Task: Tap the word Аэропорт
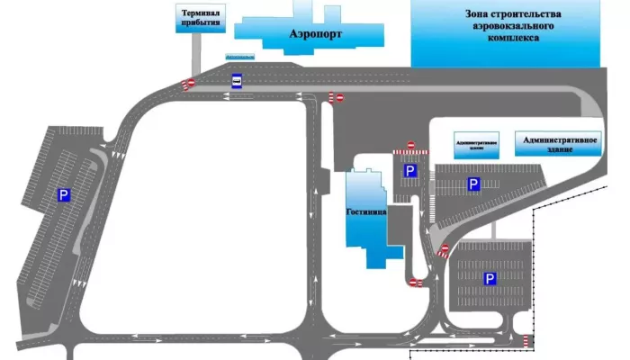316,31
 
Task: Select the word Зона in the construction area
477,14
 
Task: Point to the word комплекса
513,40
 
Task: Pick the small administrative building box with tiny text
476,146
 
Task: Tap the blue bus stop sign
237,79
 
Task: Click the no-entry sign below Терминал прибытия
189,85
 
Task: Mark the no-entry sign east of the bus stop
336,96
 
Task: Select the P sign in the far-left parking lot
64,193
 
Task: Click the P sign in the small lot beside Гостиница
409,171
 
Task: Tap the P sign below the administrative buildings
472,184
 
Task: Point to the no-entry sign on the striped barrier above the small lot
410,145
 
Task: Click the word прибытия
201,24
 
